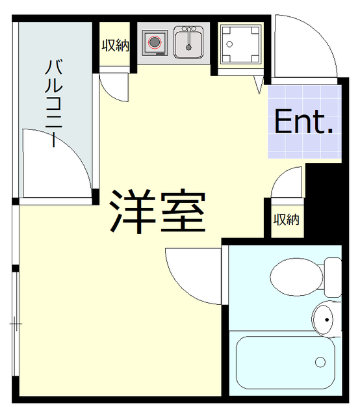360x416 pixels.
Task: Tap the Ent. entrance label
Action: (303, 122)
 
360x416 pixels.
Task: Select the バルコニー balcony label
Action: (54, 104)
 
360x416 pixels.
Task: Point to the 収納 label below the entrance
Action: (286, 220)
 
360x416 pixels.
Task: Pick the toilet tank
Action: (332, 276)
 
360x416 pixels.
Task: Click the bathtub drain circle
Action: (320, 361)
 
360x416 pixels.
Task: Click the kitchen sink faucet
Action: (189, 31)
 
